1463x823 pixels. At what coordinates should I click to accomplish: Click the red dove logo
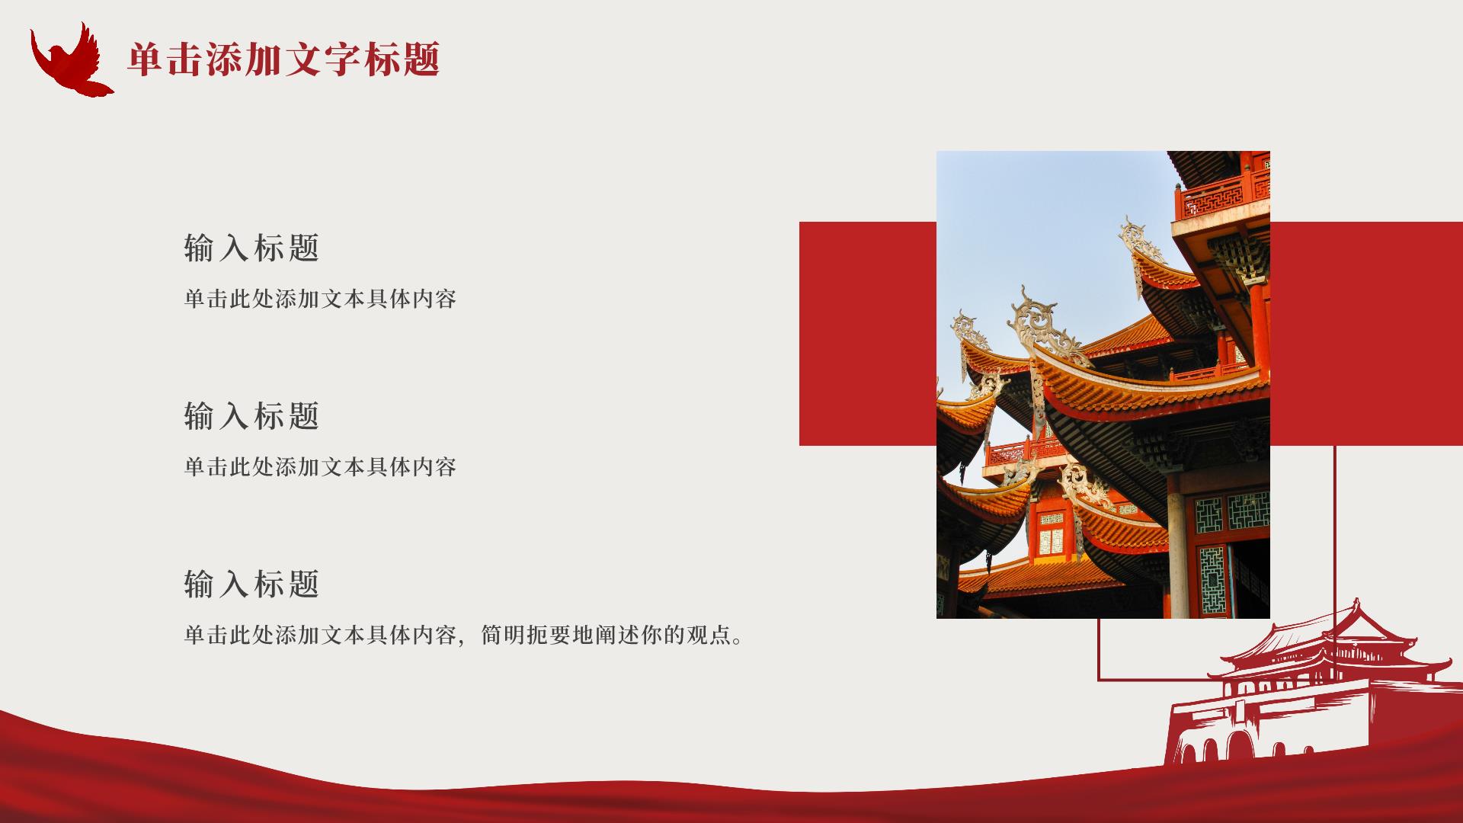(x=70, y=61)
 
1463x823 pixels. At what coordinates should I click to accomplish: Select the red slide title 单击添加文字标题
(x=284, y=59)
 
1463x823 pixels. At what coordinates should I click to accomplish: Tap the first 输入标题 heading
(x=251, y=248)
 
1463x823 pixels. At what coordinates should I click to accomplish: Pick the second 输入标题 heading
(x=251, y=416)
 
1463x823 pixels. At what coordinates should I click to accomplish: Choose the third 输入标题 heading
(x=251, y=584)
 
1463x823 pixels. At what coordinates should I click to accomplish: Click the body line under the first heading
(x=320, y=299)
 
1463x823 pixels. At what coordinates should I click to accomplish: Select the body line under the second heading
(x=320, y=467)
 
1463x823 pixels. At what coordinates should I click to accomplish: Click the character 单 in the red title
(x=146, y=59)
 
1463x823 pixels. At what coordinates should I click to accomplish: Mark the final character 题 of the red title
(x=422, y=59)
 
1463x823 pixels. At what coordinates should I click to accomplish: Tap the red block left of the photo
(x=868, y=334)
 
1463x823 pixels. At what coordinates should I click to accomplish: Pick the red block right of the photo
(x=1366, y=334)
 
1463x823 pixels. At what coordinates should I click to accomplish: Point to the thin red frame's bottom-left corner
(x=1098, y=679)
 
